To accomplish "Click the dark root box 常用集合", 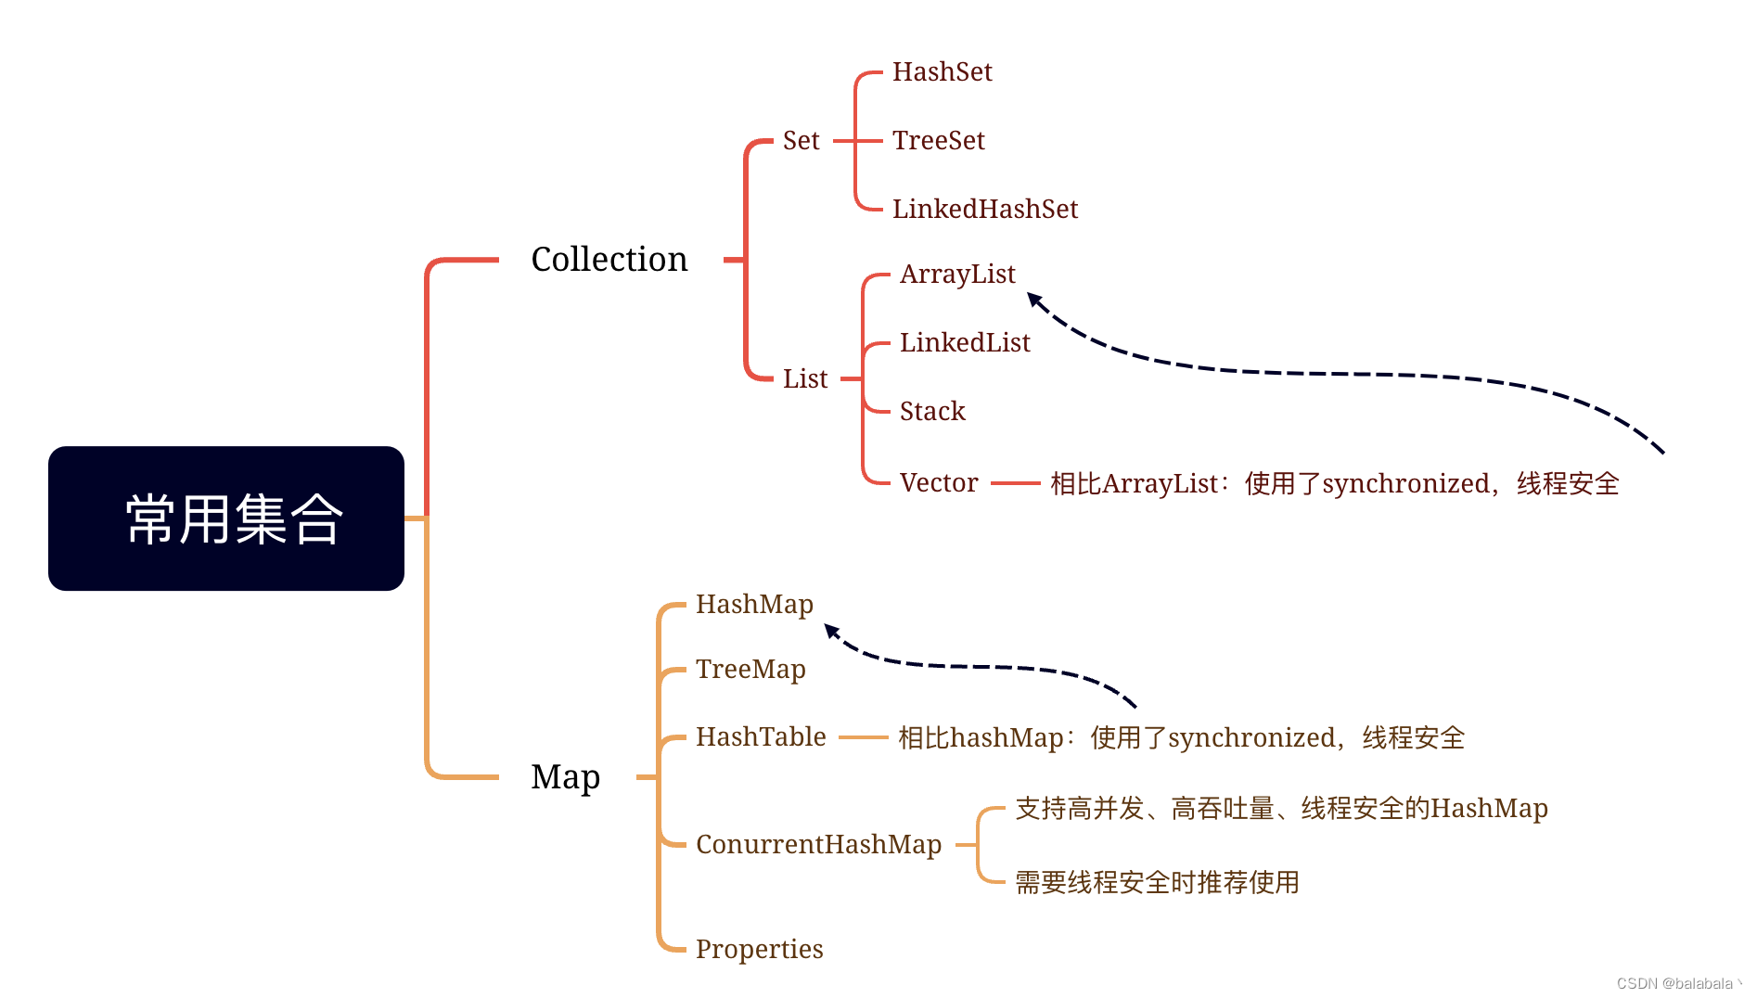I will pos(225,518).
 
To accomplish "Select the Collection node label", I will pos(609,260).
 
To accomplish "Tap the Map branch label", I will pos(565,777).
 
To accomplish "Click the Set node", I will pos(801,141).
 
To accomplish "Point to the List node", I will pos(804,378).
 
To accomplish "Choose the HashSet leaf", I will pos(942,72).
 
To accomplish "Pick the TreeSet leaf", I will pos(938,141).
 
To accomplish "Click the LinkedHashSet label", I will pos(984,210).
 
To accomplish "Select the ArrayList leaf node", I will pos(957,275).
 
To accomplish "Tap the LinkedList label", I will pos(965,343).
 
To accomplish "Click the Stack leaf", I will pos(932,412).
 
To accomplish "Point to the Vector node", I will pos(938,483).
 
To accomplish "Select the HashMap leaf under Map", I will pos(754,605).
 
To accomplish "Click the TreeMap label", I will pos(750,670).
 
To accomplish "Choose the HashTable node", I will pos(761,737).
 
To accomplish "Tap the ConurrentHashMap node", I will pos(818,845).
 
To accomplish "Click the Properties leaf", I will pos(759,949).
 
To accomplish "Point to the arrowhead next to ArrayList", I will pos(1034,300).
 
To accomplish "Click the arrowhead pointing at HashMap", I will pos(831,631).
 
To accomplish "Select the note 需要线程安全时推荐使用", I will pos(1156,882).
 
